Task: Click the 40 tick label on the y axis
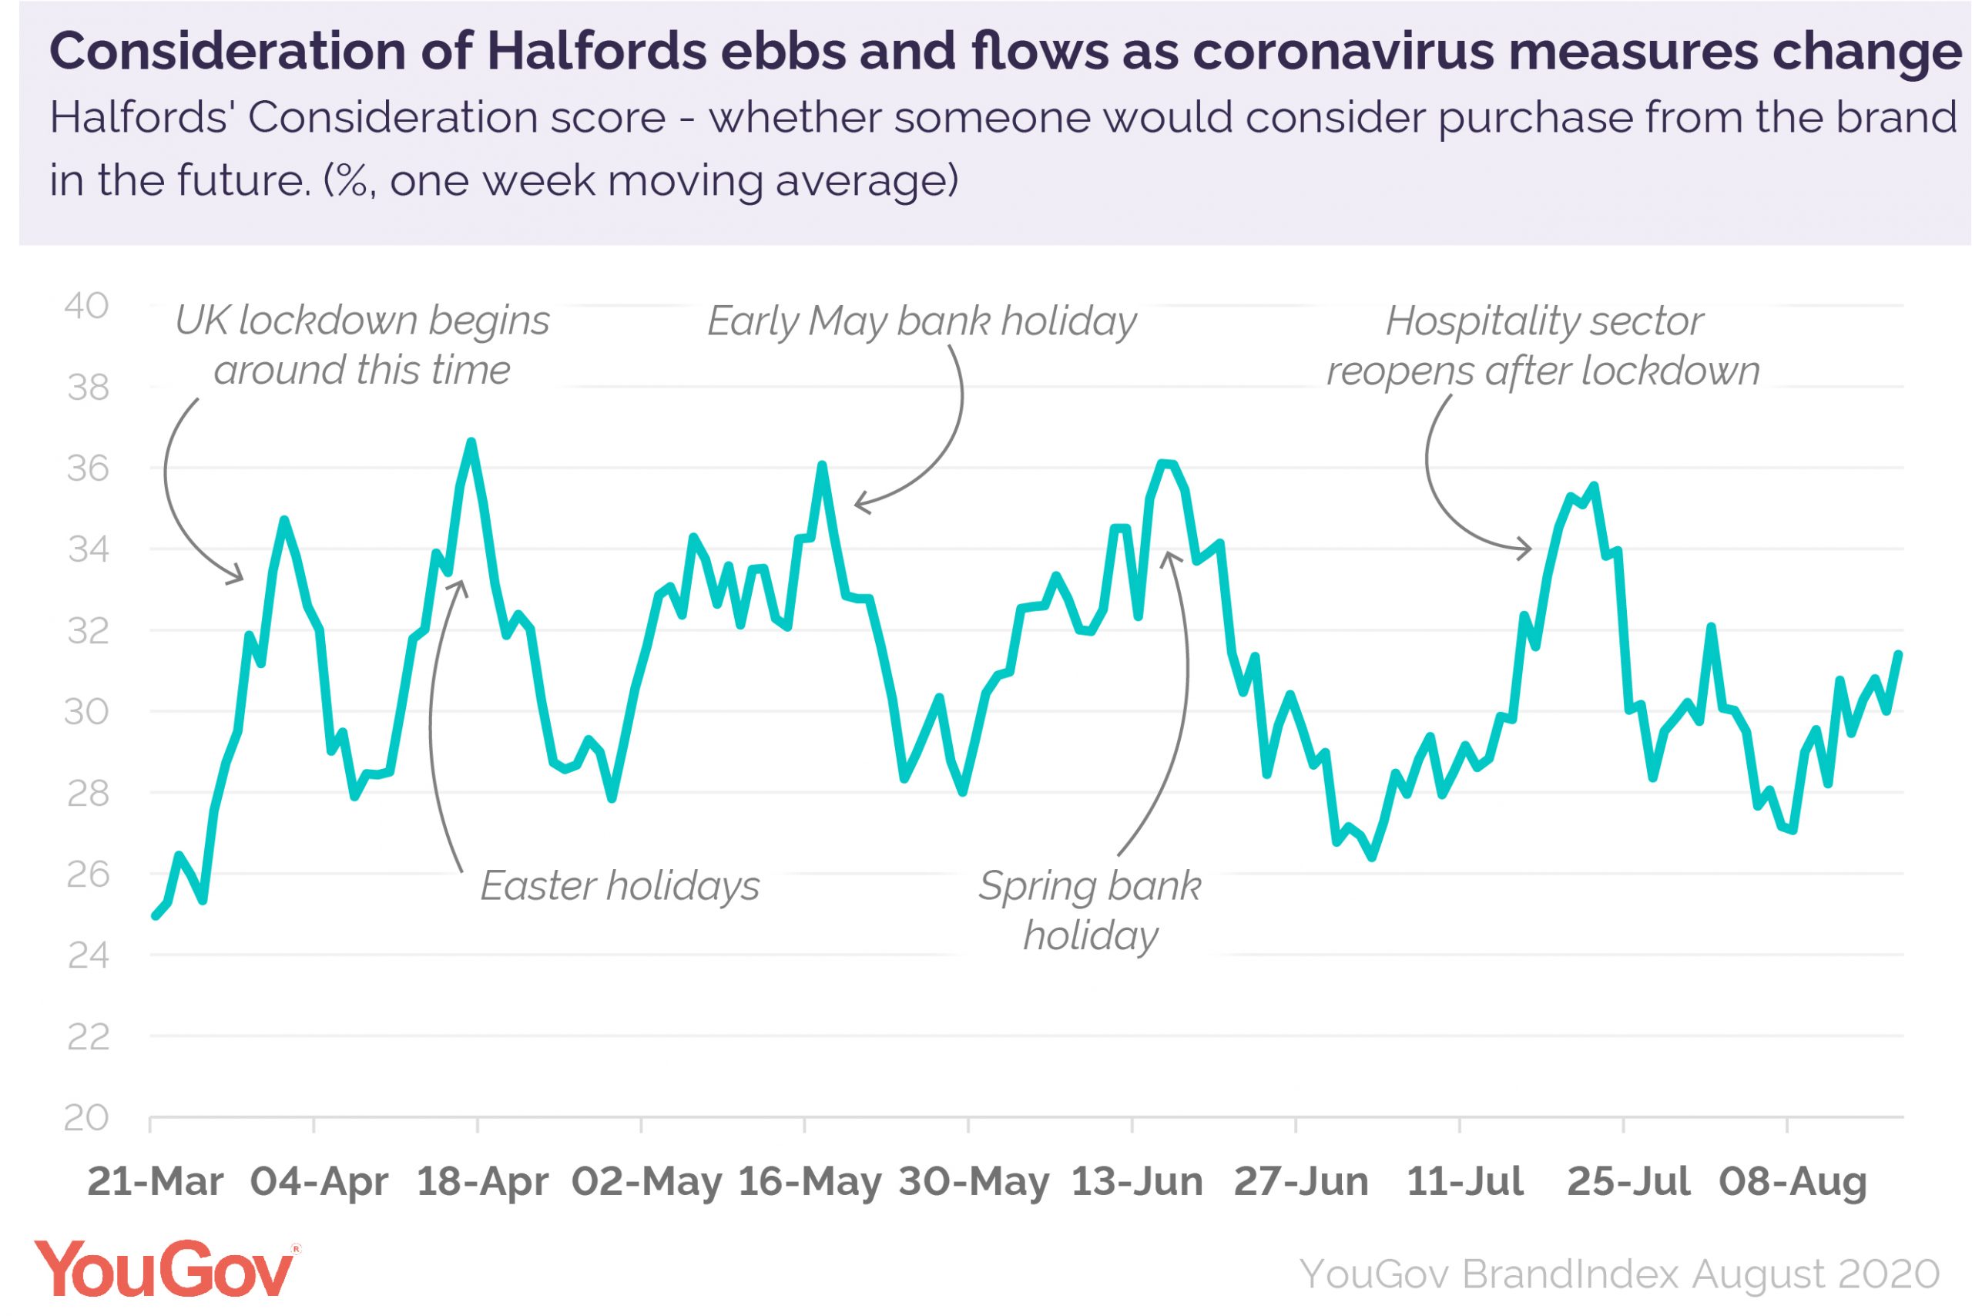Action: coord(86,307)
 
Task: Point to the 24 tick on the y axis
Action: coord(87,956)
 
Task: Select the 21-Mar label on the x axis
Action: coord(156,1182)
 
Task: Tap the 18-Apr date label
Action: coord(482,1182)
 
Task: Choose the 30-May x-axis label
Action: coord(974,1182)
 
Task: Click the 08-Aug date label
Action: coord(1793,1182)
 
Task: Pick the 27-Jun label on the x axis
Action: coord(1301,1182)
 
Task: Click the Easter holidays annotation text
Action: coord(619,886)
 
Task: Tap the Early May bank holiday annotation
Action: coord(921,321)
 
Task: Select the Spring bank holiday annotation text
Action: coord(1090,911)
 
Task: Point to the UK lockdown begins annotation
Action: coord(362,345)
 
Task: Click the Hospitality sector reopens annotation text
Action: coord(1542,346)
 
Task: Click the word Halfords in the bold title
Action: coord(595,52)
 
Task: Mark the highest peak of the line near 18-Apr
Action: coord(471,441)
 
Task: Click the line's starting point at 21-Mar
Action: coord(156,915)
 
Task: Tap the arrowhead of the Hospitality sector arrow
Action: coord(1530,549)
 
